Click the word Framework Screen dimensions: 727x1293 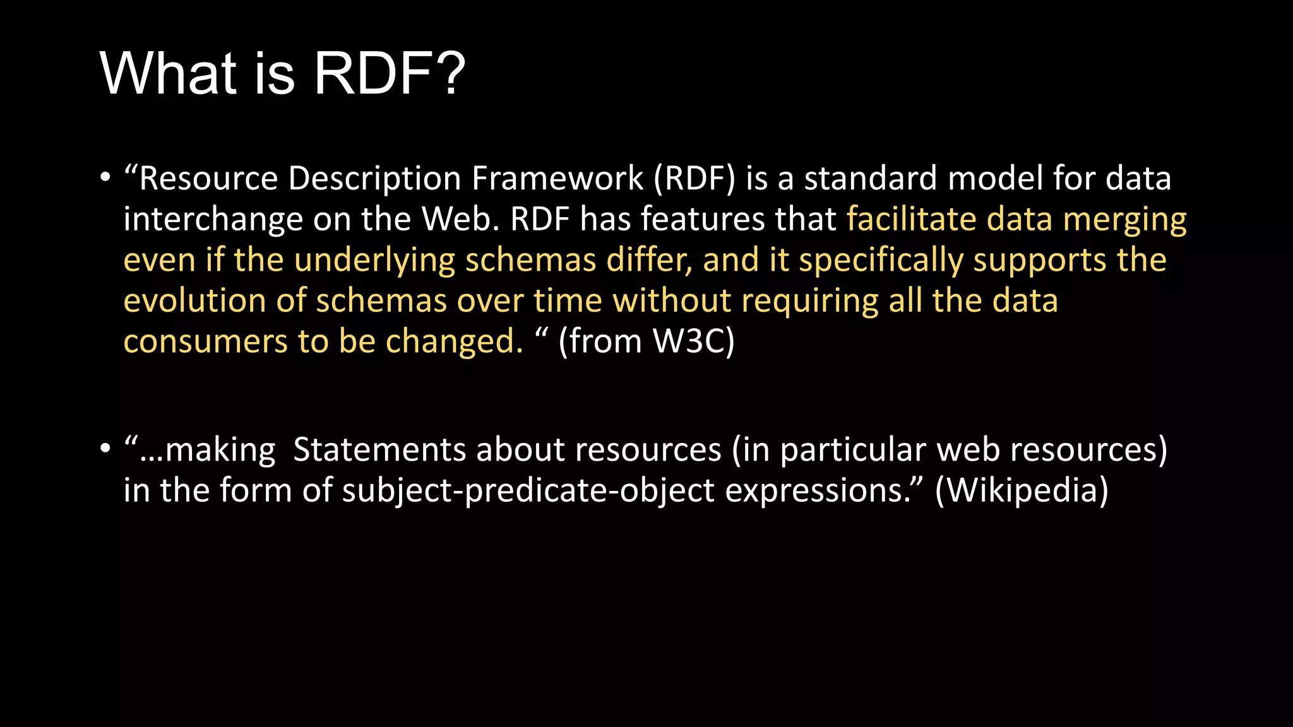click(557, 179)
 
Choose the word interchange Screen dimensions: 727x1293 click(213, 220)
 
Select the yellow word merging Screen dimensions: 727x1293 click(1124, 221)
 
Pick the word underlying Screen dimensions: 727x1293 click(374, 261)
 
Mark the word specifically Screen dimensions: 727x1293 click(881, 261)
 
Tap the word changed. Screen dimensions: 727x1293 click(454, 342)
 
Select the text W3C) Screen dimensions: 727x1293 click(693, 342)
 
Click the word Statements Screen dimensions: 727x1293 click(380, 450)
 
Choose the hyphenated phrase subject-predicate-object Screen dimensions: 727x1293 click(528, 491)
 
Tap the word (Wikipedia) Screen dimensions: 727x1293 click(1021, 491)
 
